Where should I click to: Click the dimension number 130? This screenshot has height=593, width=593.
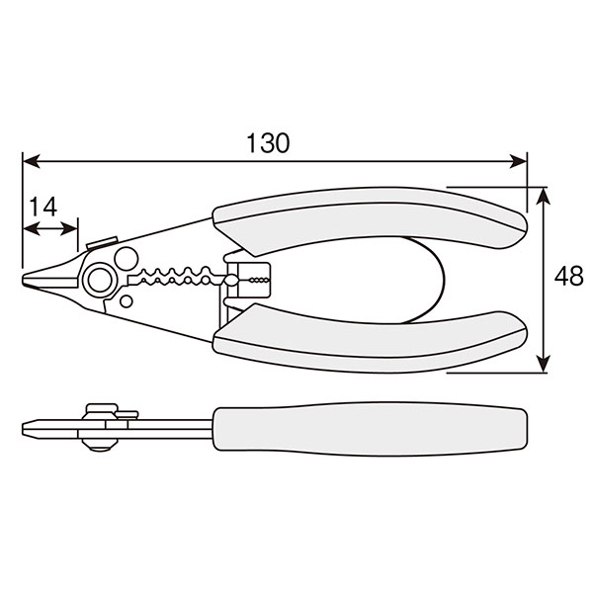[x=268, y=143]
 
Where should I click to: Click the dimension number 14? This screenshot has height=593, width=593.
[x=43, y=207]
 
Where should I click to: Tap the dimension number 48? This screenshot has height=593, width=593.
[x=569, y=276]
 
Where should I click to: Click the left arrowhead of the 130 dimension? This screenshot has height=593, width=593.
[x=31, y=161]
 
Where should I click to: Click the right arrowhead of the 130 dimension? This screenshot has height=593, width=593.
[x=518, y=161]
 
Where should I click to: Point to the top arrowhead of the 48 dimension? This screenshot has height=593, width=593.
[x=544, y=196]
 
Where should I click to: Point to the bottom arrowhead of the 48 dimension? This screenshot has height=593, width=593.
[x=544, y=364]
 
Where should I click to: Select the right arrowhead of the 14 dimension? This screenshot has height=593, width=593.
[x=69, y=229]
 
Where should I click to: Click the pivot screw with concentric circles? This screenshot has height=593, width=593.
[x=100, y=280]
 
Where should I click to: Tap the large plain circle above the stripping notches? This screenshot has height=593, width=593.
[x=127, y=259]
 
